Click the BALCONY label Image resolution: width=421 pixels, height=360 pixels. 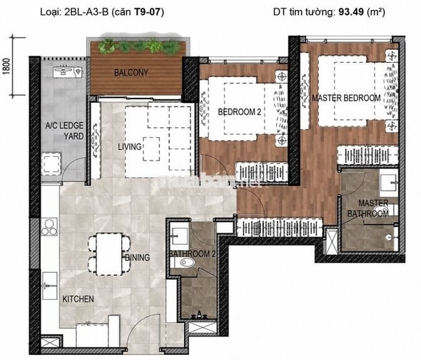pos(131,73)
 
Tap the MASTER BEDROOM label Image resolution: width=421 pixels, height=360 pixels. pos(346,98)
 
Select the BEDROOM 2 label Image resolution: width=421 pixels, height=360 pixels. pos(239,112)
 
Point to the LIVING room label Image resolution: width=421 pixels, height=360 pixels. pos(130,147)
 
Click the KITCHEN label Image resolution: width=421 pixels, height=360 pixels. pos(78,299)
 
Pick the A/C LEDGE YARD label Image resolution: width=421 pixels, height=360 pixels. pos(64,131)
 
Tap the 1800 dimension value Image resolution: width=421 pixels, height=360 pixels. pos(6,66)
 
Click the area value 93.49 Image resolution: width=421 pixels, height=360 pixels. pos(351,12)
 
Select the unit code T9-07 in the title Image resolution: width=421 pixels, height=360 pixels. pos(148,12)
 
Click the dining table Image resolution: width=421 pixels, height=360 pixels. pos(109,254)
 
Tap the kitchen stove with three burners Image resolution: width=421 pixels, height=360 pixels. pos(49,227)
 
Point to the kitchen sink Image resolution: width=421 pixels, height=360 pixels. pos(50,286)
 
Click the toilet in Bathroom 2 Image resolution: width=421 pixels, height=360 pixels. pos(185,262)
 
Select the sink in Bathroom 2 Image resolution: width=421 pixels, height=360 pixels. pos(180,236)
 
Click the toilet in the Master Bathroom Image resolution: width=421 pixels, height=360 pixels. pos(385,210)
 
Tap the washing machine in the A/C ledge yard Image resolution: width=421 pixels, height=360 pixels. pos(51,164)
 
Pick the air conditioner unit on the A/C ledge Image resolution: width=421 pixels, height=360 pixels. pos(67,72)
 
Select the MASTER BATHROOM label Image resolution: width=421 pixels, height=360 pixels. pos(368,209)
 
